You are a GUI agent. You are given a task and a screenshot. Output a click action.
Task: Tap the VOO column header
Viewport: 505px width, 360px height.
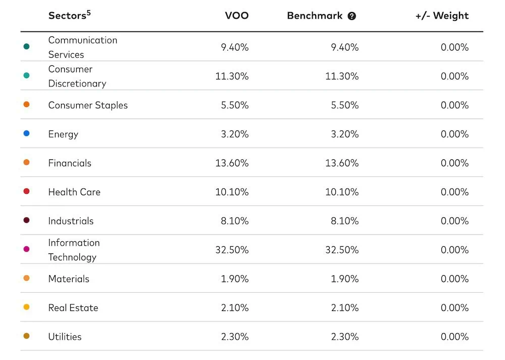(x=236, y=16)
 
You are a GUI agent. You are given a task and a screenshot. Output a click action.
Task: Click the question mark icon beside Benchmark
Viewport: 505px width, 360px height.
(x=352, y=16)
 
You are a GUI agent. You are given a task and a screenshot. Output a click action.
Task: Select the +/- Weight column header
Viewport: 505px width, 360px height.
(x=442, y=16)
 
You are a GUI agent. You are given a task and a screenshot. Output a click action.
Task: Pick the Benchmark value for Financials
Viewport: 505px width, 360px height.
(x=342, y=163)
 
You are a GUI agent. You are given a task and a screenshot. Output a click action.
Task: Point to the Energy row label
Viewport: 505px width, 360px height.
(x=63, y=134)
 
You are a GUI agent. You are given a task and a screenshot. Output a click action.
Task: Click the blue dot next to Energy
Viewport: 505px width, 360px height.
(x=26, y=133)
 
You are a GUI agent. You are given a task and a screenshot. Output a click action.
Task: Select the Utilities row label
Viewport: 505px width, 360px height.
(x=65, y=337)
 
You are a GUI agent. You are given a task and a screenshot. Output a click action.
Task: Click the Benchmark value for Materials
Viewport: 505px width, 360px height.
(x=344, y=279)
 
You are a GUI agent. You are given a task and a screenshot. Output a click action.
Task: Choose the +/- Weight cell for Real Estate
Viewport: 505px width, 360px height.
(x=454, y=307)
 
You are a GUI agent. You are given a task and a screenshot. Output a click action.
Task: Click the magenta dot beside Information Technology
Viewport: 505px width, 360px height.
(x=26, y=249)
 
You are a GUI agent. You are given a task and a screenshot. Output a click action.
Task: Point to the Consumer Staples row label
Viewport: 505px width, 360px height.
(x=88, y=105)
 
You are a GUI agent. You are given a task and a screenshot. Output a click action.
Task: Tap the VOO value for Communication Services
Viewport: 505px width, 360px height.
(x=234, y=48)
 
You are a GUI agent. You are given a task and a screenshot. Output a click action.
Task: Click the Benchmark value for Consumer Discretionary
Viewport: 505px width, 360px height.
(x=342, y=76)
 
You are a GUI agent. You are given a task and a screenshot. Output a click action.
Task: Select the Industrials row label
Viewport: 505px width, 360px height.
(x=71, y=221)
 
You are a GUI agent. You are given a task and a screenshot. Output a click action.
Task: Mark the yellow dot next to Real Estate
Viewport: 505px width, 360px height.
(x=26, y=307)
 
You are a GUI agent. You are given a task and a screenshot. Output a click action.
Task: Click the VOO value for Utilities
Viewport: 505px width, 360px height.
(x=234, y=337)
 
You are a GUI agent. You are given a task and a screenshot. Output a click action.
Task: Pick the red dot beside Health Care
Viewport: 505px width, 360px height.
(x=26, y=192)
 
